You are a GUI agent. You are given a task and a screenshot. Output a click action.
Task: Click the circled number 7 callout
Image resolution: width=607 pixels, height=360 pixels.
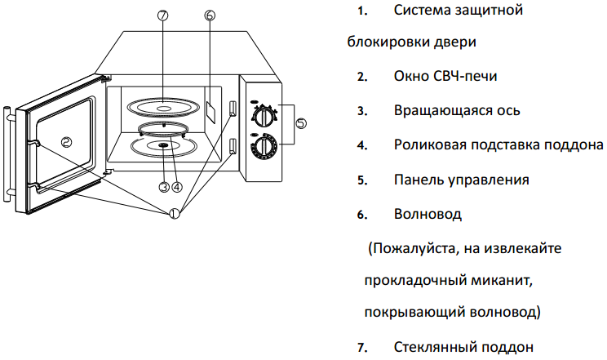coord(162,16)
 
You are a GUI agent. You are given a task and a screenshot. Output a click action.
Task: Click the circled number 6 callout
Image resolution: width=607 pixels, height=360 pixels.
coord(209,16)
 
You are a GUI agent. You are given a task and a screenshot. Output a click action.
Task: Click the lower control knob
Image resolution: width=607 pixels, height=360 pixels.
coord(263,147)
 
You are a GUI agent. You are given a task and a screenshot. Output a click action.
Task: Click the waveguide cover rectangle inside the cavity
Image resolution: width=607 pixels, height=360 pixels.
coord(210,110)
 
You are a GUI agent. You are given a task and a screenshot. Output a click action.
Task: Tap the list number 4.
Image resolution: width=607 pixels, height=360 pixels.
coord(361,145)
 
